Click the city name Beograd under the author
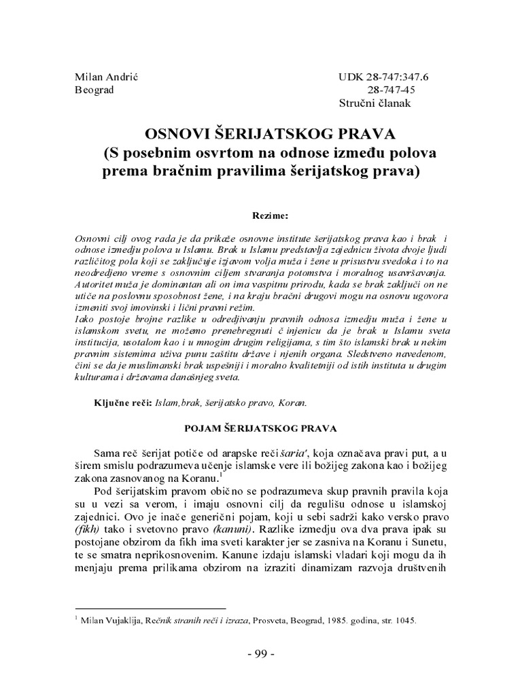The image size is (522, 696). click(x=94, y=89)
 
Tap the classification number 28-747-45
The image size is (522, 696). click(x=391, y=89)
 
